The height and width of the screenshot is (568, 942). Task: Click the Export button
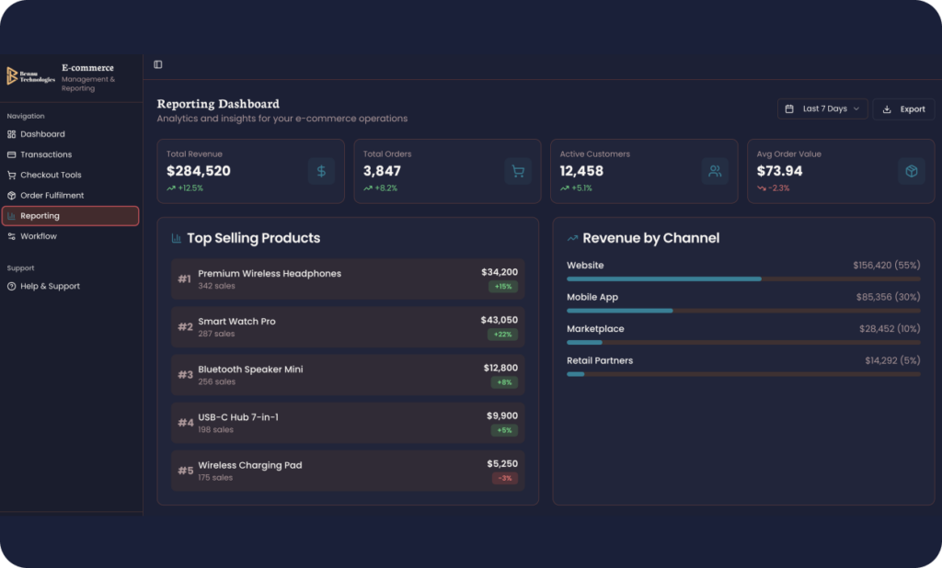point(903,109)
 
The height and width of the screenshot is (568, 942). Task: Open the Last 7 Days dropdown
point(822,109)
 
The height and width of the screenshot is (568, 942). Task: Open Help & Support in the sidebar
point(44,287)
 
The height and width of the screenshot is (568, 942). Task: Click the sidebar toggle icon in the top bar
point(158,65)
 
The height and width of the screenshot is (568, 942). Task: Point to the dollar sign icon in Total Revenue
point(321,171)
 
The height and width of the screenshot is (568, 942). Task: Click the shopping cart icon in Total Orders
point(518,171)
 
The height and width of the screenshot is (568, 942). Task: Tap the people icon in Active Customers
point(715,171)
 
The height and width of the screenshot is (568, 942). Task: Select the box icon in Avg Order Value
point(912,171)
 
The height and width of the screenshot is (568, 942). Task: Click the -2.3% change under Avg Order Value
point(778,187)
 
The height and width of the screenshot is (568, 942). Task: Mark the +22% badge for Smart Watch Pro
point(503,335)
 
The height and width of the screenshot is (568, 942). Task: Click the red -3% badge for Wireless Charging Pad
point(505,479)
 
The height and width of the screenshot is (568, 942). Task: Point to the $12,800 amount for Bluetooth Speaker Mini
point(500,368)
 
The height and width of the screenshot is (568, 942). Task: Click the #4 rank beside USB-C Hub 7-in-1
point(186,423)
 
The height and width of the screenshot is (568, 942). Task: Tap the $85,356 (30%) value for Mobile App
point(888,297)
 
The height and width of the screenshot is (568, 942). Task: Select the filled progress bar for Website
point(664,279)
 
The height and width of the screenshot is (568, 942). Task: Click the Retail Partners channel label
point(600,361)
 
